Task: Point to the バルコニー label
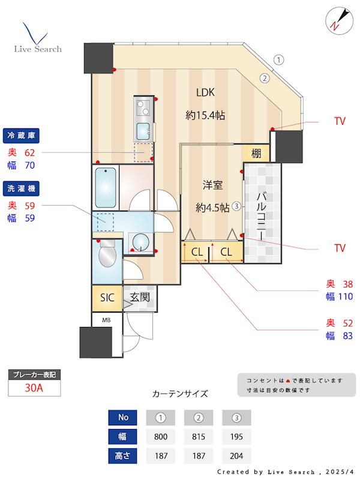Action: pyautogui.click(x=262, y=217)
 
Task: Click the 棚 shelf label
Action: pyautogui.click(x=256, y=153)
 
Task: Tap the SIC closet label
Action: pyautogui.click(x=106, y=298)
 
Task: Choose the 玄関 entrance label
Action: pyautogui.click(x=140, y=296)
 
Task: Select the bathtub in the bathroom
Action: pyautogui.click(x=106, y=187)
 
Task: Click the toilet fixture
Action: pyautogui.click(x=106, y=255)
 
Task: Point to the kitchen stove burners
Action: pyautogui.click(x=144, y=109)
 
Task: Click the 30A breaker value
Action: pyautogui.click(x=34, y=388)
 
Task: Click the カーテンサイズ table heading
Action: pyautogui.click(x=180, y=394)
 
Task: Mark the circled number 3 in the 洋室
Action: pyautogui.click(x=237, y=206)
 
